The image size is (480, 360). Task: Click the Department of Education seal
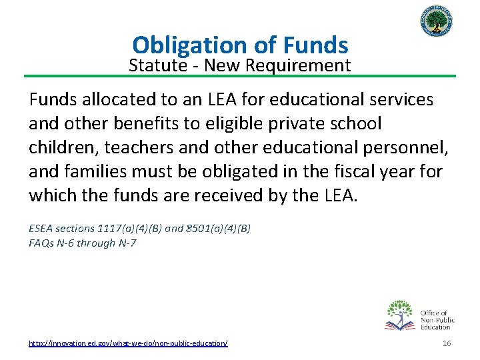point(437,25)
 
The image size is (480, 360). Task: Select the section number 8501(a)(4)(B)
point(217,228)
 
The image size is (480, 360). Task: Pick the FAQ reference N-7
point(125,243)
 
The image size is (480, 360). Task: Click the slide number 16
point(447,343)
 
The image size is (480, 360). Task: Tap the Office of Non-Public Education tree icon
point(400,315)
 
